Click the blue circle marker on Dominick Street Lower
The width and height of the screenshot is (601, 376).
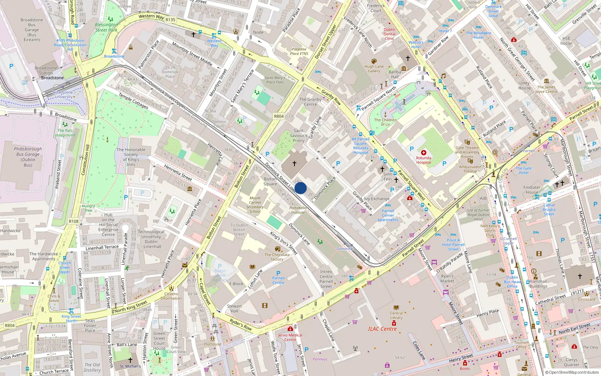[300, 188]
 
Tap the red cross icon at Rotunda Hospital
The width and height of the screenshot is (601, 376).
[423, 153]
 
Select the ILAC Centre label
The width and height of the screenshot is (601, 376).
[382, 329]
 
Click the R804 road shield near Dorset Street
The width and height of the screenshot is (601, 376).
[279, 116]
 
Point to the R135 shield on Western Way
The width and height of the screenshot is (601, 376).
[170, 20]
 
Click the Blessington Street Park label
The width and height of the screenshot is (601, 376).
[106, 27]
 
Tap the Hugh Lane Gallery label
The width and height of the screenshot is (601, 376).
[374, 68]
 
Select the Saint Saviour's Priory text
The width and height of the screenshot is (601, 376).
[299, 135]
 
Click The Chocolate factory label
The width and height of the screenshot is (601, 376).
[277, 257]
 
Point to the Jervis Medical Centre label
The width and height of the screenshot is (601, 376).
[290, 337]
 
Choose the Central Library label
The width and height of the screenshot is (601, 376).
[396, 315]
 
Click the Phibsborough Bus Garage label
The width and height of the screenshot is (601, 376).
[28, 157]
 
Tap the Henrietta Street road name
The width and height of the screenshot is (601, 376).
[178, 173]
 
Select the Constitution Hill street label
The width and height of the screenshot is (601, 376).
[86, 160]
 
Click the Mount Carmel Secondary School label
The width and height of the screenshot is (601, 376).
[255, 205]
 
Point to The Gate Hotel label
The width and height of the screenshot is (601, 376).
[524, 170]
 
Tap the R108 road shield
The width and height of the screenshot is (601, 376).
[74, 221]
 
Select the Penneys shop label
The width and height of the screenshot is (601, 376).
[320, 359]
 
